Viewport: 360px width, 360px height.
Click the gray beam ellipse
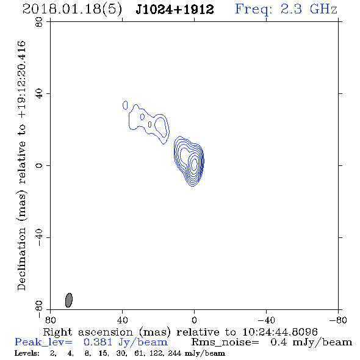pos(69,300)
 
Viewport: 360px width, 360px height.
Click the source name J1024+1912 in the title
pos(175,9)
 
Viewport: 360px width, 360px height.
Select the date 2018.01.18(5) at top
pos(72,10)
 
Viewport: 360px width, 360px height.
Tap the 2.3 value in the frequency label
pos(291,9)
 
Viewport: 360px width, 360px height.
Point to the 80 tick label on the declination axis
pos(39,22)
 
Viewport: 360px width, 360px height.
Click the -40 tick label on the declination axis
pos(39,237)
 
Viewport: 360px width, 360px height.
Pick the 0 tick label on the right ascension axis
pos(194,320)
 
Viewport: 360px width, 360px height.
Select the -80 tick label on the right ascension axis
pos(338,320)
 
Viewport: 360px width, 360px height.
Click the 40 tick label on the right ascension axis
pos(123,320)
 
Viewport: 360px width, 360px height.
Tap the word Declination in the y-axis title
pos(21,259)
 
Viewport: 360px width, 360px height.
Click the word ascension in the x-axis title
pos(106,332)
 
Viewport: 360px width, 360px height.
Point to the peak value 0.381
pos(98,342)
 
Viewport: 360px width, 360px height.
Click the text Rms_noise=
pos(225,342)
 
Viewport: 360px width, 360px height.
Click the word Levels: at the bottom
pos(27,353)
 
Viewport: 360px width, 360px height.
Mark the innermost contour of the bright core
pos(194,164)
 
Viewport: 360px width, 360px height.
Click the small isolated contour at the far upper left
pos(125,105)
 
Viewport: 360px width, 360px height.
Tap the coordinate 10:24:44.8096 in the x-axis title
pos(280,332)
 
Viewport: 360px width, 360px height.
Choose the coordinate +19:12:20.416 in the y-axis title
pos(21,79)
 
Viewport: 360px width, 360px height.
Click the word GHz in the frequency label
pos(324,9)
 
